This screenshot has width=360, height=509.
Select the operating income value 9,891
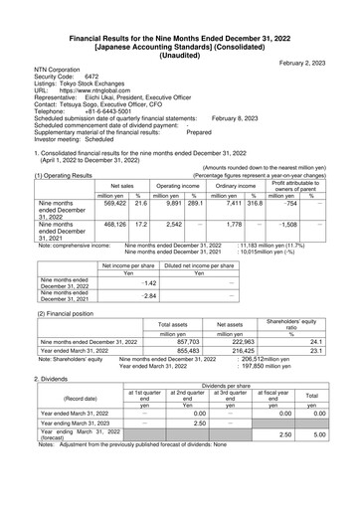click(169, 203)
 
